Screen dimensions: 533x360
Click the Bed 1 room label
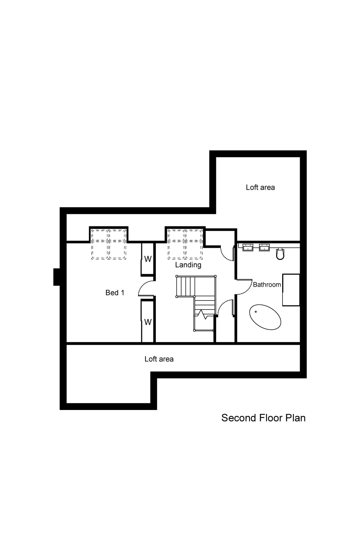[x=115, y=293]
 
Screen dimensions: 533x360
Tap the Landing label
[x=188, y=265]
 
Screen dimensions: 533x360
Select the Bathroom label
[x=267, y=285]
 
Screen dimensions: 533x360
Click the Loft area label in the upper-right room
[x=260, y=188]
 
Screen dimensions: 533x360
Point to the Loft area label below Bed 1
[x=159, y=359]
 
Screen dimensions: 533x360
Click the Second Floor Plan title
[x=263, y=418]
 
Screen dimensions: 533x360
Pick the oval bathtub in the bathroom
[x=265, y=317]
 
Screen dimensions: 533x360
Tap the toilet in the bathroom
[x=280, y=254]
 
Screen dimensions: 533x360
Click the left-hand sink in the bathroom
[x=248, y=247]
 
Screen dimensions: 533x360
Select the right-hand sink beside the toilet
[x=264, y=247]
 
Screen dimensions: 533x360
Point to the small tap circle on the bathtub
[x=256, y=312]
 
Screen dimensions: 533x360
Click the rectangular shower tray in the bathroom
[x=291, y=290]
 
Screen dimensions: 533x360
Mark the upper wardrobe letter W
[x=148, y=259]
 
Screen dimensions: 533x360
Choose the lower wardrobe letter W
[x=148, y=322]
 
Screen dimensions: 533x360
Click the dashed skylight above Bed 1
[x=109, y=244]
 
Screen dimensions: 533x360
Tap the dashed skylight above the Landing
[x=185, y=244]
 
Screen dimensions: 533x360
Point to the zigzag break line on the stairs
[x=203, y=315]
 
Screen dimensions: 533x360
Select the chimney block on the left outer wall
[x=56, y=277]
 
